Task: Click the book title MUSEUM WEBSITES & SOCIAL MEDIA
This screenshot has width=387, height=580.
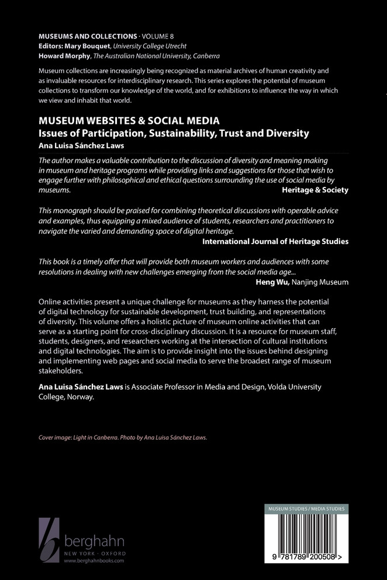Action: [x=129, y=121]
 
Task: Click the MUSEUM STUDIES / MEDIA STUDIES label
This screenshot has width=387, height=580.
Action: [x=307, y=509]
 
